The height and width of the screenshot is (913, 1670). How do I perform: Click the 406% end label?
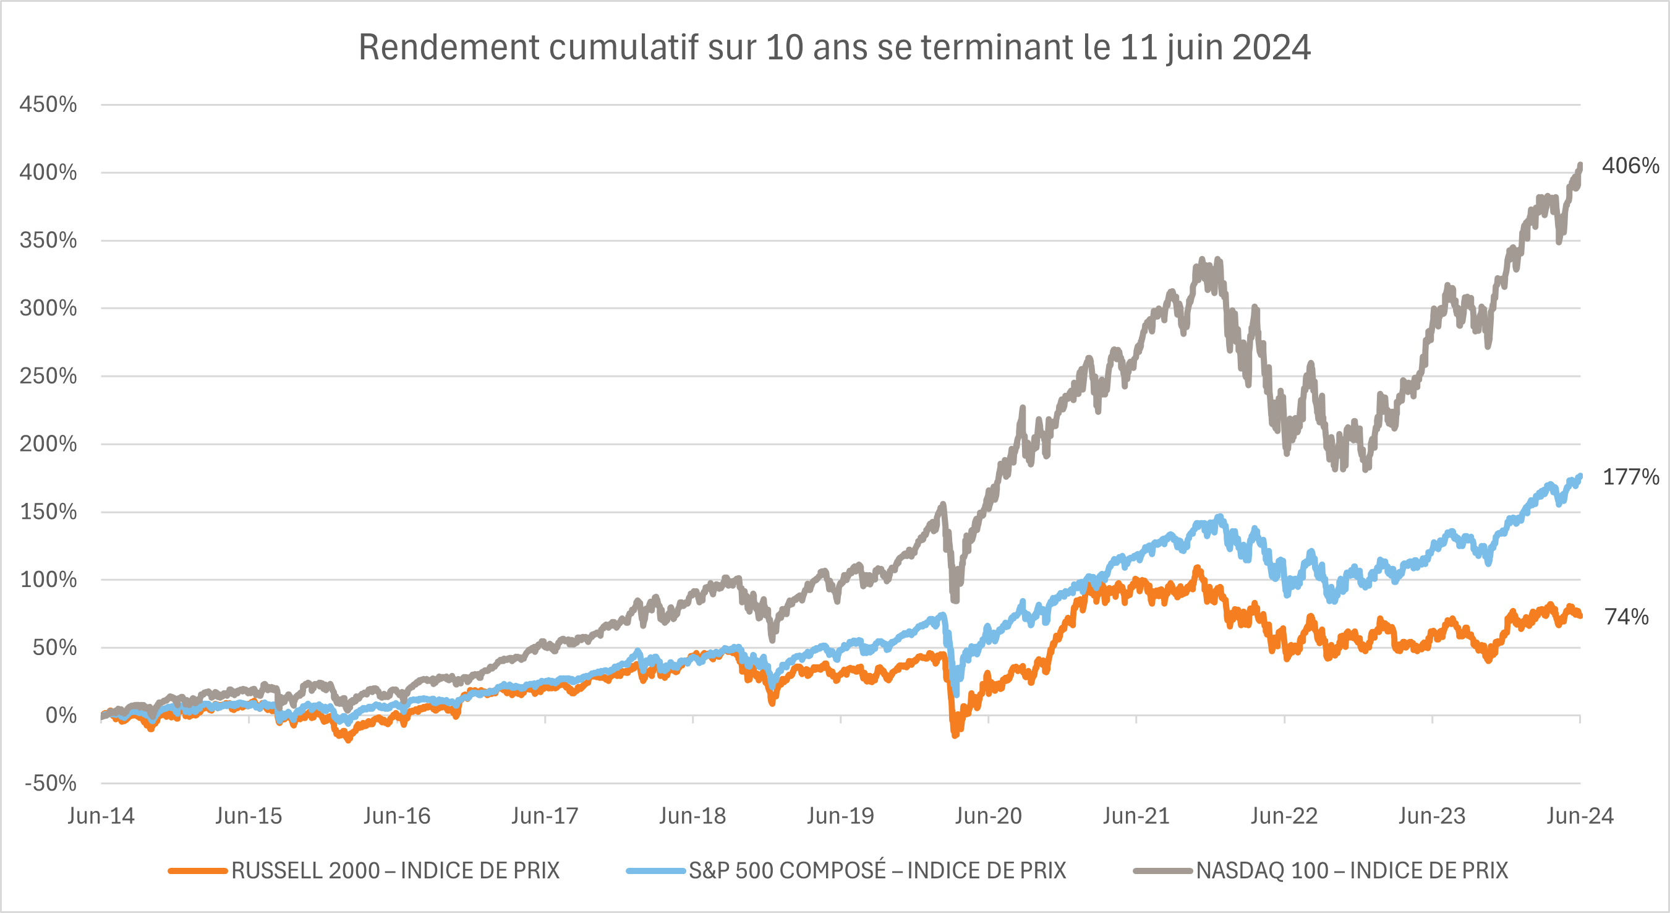click(1630, 166)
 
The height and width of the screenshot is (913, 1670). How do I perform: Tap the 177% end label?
click(1630, 478)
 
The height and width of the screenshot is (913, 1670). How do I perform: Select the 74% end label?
click(1627, 617)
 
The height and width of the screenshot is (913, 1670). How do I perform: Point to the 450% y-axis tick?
click(48, 105)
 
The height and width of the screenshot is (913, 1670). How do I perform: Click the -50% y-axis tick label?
click(51, 783)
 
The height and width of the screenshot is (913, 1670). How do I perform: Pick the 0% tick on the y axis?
click(61, 716)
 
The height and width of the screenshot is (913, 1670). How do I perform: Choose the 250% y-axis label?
click(48, 376)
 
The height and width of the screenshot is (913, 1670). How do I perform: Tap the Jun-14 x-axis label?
click(101, 816)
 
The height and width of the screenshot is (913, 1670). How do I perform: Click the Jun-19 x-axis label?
click(840, 816)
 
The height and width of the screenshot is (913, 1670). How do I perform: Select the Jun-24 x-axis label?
click(1580, 816)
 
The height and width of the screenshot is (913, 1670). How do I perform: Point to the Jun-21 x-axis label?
click(1136, 816)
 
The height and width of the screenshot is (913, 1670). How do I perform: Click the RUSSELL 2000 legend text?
click(395, 871)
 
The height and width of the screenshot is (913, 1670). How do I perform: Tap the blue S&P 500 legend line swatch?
click(655, 871)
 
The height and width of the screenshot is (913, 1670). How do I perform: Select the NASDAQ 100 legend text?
click(1352, 871)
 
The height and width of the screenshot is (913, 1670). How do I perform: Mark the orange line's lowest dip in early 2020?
click(954, 735)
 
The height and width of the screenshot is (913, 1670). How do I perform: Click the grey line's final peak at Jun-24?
click(1580, 165)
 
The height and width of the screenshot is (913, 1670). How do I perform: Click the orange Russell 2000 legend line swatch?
click(197, 871)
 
